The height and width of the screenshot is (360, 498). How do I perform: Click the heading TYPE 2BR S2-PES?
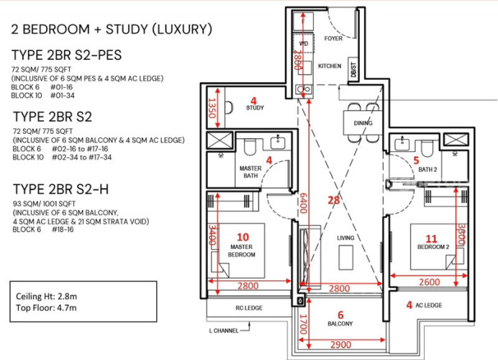[x=67, y=55]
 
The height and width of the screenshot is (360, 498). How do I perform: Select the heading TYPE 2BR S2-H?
[x=61, y=189]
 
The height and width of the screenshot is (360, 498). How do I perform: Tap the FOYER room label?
[x=333, y=38]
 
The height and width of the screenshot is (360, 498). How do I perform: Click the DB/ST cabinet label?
[x=353, y=69]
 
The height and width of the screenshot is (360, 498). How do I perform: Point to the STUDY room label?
[x=255, y=108]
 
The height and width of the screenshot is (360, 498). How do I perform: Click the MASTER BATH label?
[x=250, y=172]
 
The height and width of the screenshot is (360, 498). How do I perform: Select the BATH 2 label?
[x=427, y=170]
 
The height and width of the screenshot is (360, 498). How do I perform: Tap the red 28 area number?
[x=334, y=200]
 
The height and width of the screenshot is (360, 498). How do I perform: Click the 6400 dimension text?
[x=303, y=203]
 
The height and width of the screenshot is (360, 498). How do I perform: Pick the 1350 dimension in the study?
[x=212, y=108]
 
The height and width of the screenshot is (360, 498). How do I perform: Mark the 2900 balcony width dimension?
[x=341, y=345]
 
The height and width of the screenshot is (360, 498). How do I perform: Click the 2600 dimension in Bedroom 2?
[x=430, y=282]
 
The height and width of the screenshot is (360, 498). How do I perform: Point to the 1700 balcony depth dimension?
[x=303, y=324]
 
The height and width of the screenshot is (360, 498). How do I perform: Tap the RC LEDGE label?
[x=249, y=308]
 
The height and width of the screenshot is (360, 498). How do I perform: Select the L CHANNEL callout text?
[x=224, y=330]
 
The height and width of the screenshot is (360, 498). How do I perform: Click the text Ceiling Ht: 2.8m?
[x=46, y=297]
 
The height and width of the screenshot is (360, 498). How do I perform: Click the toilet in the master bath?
[x=250, y=147]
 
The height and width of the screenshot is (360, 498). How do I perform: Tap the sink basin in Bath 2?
[x=402, y=143]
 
